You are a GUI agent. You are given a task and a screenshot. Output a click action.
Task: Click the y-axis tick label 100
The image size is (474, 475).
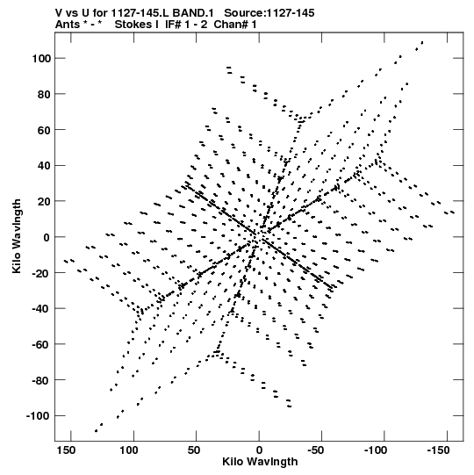[x=41, y=59]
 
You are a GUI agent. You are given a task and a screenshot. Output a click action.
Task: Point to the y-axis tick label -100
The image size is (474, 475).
[x=39, y=416]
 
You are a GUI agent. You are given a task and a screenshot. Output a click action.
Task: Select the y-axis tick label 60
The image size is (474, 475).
[x=44, y=130]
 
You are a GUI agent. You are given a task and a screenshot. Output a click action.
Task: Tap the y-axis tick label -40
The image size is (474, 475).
[x=41, y=309]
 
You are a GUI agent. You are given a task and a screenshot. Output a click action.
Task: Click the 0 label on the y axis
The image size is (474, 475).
[x=47, y=237]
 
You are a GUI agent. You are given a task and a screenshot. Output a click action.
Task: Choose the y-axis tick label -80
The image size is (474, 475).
[x=41, y=380]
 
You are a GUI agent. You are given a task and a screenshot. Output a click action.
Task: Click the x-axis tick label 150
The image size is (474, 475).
[x=66, y=450]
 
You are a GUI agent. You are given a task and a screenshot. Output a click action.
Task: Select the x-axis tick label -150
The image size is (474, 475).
[x=438, y=450]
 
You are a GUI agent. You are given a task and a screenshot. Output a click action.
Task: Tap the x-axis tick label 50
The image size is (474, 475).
[x=194, y=450]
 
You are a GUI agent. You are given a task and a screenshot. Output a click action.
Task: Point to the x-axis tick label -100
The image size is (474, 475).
[x=376, y=450]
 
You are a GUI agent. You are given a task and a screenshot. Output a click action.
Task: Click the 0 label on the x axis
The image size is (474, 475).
[x=259, y=450]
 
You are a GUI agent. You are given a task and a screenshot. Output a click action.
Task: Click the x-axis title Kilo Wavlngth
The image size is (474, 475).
[x=260, y=462]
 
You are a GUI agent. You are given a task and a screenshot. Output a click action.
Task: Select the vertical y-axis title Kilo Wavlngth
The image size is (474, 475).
[x=17, y=236]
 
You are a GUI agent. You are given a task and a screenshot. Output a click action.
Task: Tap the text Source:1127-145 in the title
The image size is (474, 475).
[x=269, y=13]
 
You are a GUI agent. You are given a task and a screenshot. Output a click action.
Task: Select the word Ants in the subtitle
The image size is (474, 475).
[x=68, y=25]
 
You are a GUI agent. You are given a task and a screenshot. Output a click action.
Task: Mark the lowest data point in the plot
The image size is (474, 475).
[x=96, y=431]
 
